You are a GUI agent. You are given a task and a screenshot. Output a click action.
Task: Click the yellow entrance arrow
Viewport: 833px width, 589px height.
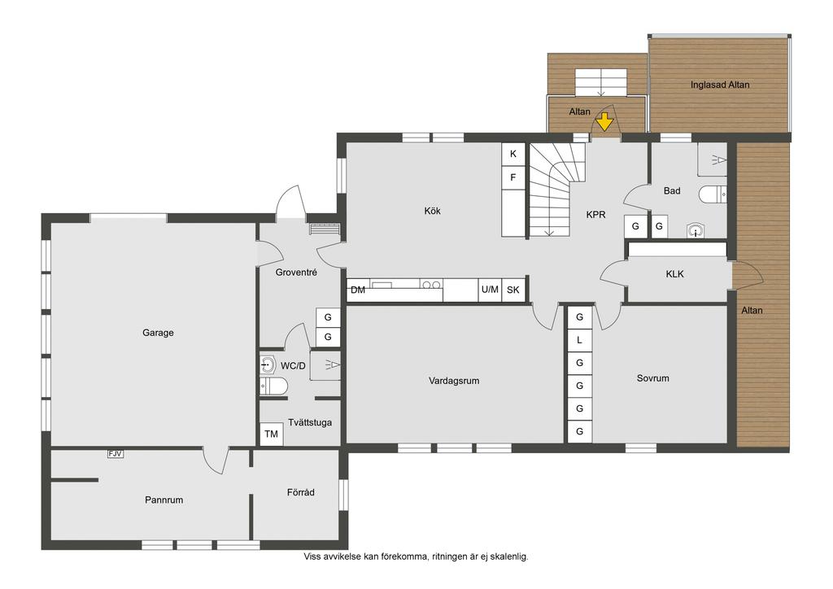[604, 123]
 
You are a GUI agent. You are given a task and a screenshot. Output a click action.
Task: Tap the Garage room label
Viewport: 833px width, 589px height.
[158, 333]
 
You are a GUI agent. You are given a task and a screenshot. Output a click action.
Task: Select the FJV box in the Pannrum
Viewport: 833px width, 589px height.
[116, 454]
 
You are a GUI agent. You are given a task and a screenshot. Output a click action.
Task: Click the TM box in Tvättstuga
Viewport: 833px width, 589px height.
[272, 434]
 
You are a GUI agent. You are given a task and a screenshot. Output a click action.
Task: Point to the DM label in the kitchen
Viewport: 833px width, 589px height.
[358, 290]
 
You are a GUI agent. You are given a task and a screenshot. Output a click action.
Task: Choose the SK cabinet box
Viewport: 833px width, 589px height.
[513, 290]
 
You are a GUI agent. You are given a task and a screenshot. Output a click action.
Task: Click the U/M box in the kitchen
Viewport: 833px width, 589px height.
[490, 290]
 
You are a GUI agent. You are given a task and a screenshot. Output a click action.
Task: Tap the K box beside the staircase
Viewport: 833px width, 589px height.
[513, 154]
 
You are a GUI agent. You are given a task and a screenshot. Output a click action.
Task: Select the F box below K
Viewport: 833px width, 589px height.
[513, 177]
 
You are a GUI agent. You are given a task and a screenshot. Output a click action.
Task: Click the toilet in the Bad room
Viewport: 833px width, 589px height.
[713, 194]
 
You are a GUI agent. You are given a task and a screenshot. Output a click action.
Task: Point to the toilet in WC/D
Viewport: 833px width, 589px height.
[273, 386]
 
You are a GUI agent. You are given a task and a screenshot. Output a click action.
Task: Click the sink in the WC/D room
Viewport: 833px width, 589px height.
[268, 365]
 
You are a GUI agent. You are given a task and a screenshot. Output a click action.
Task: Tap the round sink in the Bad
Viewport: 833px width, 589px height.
[696, 230]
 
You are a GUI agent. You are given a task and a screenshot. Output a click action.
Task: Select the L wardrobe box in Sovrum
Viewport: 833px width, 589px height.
[579, 340]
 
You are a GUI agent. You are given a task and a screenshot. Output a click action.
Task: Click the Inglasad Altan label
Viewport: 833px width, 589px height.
[720, 85]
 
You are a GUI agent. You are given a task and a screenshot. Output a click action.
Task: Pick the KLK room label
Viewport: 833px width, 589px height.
[674, 274]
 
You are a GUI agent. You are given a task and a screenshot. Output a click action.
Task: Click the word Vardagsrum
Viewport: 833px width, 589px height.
[454, 381]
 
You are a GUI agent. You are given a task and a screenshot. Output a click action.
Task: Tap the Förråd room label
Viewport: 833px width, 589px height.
[301, 492]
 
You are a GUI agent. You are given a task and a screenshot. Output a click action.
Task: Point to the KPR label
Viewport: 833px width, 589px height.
[595, 215]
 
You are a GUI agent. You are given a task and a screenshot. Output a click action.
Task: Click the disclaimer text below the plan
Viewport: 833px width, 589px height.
[416, 556]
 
